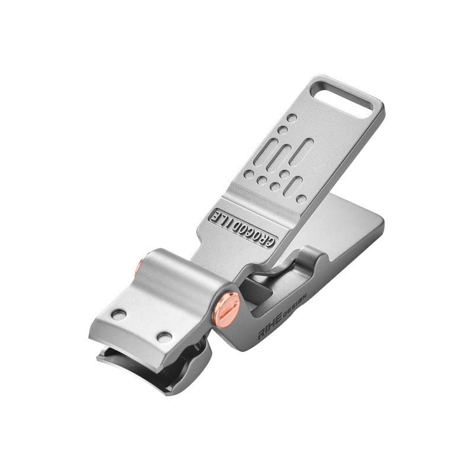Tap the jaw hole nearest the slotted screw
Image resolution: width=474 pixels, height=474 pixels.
coord(164,337)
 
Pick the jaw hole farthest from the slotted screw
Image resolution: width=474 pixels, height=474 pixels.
coord(118,315)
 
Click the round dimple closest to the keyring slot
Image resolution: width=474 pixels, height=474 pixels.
coord(292,118)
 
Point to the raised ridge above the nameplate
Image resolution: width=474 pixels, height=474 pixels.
coord(261,198)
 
